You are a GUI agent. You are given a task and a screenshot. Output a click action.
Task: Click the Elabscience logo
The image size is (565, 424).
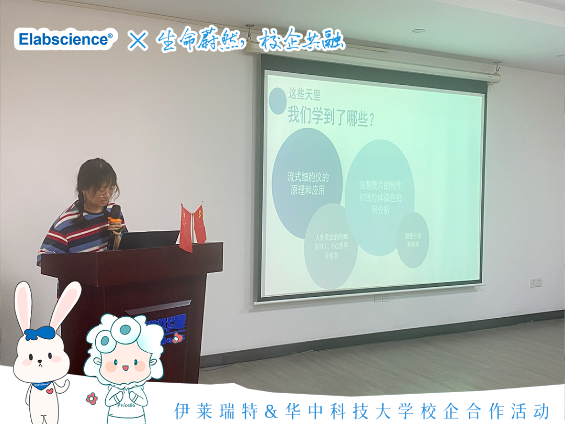(x=65, y=39)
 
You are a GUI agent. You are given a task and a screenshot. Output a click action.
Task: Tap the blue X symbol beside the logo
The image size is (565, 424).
(x=138, y=40)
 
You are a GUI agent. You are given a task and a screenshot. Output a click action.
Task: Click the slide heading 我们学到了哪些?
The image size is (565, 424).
(x=330, y=115)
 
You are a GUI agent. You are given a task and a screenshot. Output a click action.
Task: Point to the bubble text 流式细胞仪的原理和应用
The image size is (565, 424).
(x=308, y=183)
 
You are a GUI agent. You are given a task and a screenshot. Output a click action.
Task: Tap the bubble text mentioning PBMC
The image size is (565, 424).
(x=331, y=247)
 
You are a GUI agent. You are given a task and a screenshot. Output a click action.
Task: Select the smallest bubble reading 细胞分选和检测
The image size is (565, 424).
(x=413, y=240)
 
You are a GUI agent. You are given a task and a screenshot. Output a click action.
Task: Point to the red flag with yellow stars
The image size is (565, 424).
(x=186, y=228)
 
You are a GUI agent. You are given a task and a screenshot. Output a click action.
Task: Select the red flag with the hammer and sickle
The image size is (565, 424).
(x=199, y=224)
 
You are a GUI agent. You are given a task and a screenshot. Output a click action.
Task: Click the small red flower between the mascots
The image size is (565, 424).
(x=92, y=398)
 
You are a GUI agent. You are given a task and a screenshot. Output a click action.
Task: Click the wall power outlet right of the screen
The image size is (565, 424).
(x=535, y=283)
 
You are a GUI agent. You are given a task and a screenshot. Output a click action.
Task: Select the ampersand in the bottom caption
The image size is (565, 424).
(x=270, y=410)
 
